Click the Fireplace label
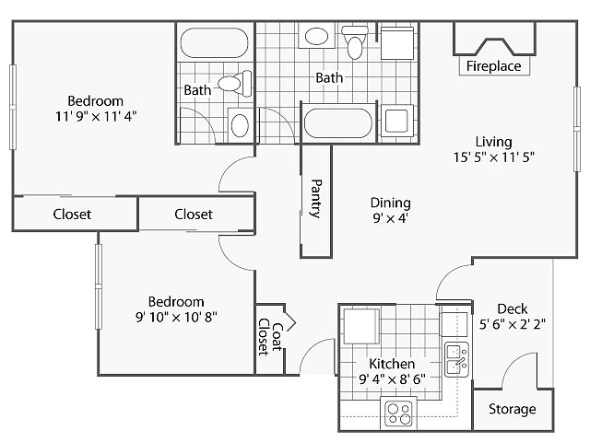(493, 66)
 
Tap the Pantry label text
(315, 198)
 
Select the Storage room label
(512, 409)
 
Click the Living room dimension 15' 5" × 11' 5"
(493, 157)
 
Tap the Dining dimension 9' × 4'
(390, 219)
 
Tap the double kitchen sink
(456, 358)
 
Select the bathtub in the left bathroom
(212, 42)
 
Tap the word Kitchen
(392, 364)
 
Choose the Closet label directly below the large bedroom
(72, 215)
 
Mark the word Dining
(390, 203)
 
